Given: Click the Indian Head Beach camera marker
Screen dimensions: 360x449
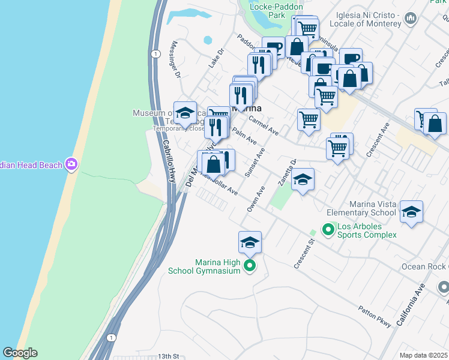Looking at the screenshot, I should coord(71,164).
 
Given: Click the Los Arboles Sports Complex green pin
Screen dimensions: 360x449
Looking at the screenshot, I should coord(328,229).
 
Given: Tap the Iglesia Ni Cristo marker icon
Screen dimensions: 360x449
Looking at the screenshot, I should coord(411,19).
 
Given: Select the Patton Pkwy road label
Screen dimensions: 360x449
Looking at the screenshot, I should coord(375,316).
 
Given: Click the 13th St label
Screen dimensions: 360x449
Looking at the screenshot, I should coord(169,356).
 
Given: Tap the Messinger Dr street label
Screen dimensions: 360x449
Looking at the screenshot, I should coord(176,60).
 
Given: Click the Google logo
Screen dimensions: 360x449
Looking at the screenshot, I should coord(20,353).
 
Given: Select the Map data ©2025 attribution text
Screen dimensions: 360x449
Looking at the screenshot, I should coord(423,355).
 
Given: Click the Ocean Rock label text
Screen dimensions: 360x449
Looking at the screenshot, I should coord(428,266).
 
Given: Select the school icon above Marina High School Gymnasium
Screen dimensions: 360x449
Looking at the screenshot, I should coord(250,242).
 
